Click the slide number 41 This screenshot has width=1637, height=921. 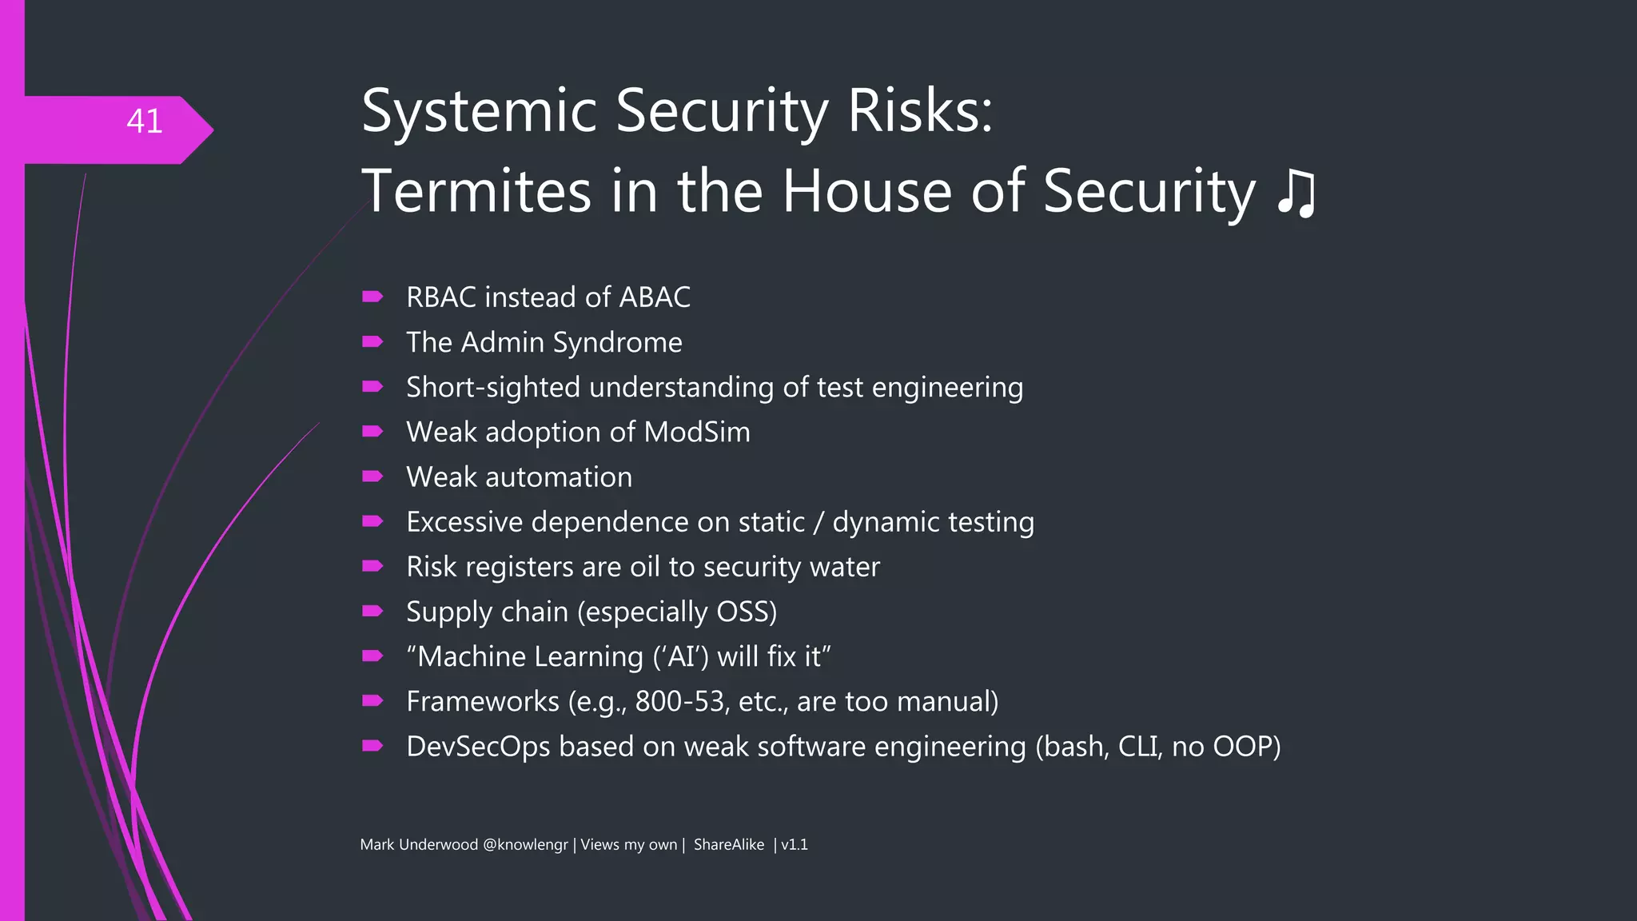coord(145,122)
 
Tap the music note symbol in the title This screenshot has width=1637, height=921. coord(1296,193)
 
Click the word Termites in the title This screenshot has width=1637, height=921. coord(476,192)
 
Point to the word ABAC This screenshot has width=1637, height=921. coord(655,297)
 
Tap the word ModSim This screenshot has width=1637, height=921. coord(697,433)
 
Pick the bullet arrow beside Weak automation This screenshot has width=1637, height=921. coord(372,476)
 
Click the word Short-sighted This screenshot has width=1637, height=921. coord(493,388)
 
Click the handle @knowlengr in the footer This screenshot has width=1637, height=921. coord(525,845)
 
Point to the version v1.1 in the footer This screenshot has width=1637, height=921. coord(795,845)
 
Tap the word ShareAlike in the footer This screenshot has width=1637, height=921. coord(728,845)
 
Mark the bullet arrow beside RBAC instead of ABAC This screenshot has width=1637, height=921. coord(372,297)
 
